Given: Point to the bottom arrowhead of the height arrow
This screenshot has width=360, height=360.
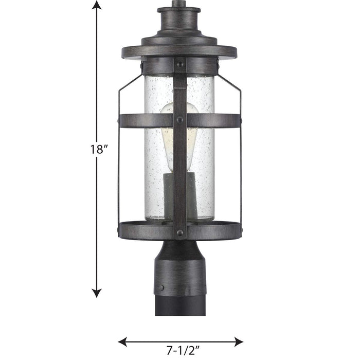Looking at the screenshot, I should tap(96, 293).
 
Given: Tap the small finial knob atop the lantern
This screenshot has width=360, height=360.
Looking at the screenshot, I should tap(179, 4).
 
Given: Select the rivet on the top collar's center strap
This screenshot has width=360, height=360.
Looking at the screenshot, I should tap(179, 65).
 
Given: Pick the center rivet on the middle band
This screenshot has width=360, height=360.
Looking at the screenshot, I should tap(179, 120).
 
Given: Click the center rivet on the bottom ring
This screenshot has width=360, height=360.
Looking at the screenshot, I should tap(179, 232).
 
